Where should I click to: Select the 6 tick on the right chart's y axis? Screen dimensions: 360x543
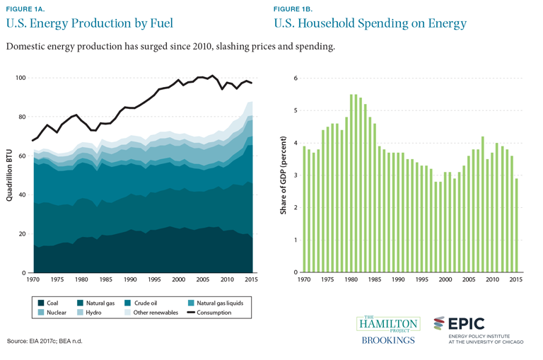[x=297, y=78]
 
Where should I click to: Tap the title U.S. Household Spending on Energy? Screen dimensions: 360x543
[x=370, y=23]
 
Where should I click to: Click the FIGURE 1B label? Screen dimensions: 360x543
[x=295, y=9]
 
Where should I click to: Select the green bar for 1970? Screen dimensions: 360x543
[x=304, y=209]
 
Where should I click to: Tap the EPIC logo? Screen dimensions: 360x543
[x=460, y=324]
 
